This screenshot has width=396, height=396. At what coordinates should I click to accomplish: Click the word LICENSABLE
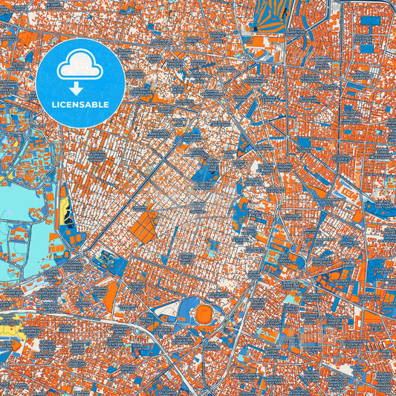point(80,105)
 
